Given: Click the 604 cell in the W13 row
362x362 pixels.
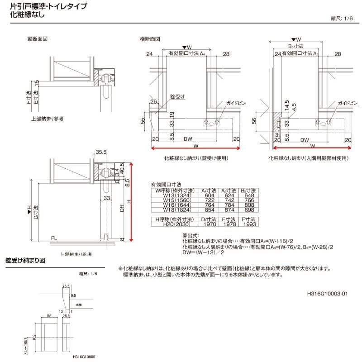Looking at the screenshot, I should tap(207, 195).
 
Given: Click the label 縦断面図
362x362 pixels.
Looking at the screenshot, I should tap(38, 39).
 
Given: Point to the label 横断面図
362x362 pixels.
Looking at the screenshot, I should tap(150, 39).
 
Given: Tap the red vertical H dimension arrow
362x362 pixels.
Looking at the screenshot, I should tap(131, 201).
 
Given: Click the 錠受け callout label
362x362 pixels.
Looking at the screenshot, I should tap(178, 97).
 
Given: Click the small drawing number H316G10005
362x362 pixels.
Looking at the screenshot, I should tap(85, 357).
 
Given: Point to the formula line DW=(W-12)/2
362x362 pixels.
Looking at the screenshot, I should tap(204, 252).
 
